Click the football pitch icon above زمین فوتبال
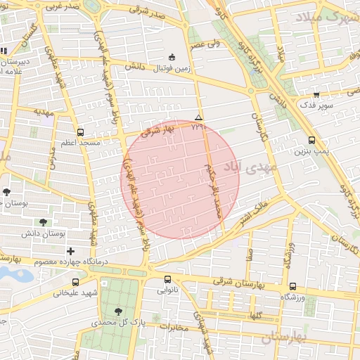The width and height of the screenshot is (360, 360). [172, 57]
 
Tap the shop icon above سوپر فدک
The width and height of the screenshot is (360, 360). [316, 94]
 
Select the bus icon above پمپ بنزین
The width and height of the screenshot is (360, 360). [311, 140]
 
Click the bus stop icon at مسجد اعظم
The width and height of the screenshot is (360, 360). [80, 132]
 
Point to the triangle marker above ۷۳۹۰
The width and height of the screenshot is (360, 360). [198, 117]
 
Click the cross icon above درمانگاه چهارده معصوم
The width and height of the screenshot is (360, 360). [70, 251]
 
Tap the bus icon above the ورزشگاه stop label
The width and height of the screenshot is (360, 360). [292, 286]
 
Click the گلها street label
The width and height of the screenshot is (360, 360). [255, 315]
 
